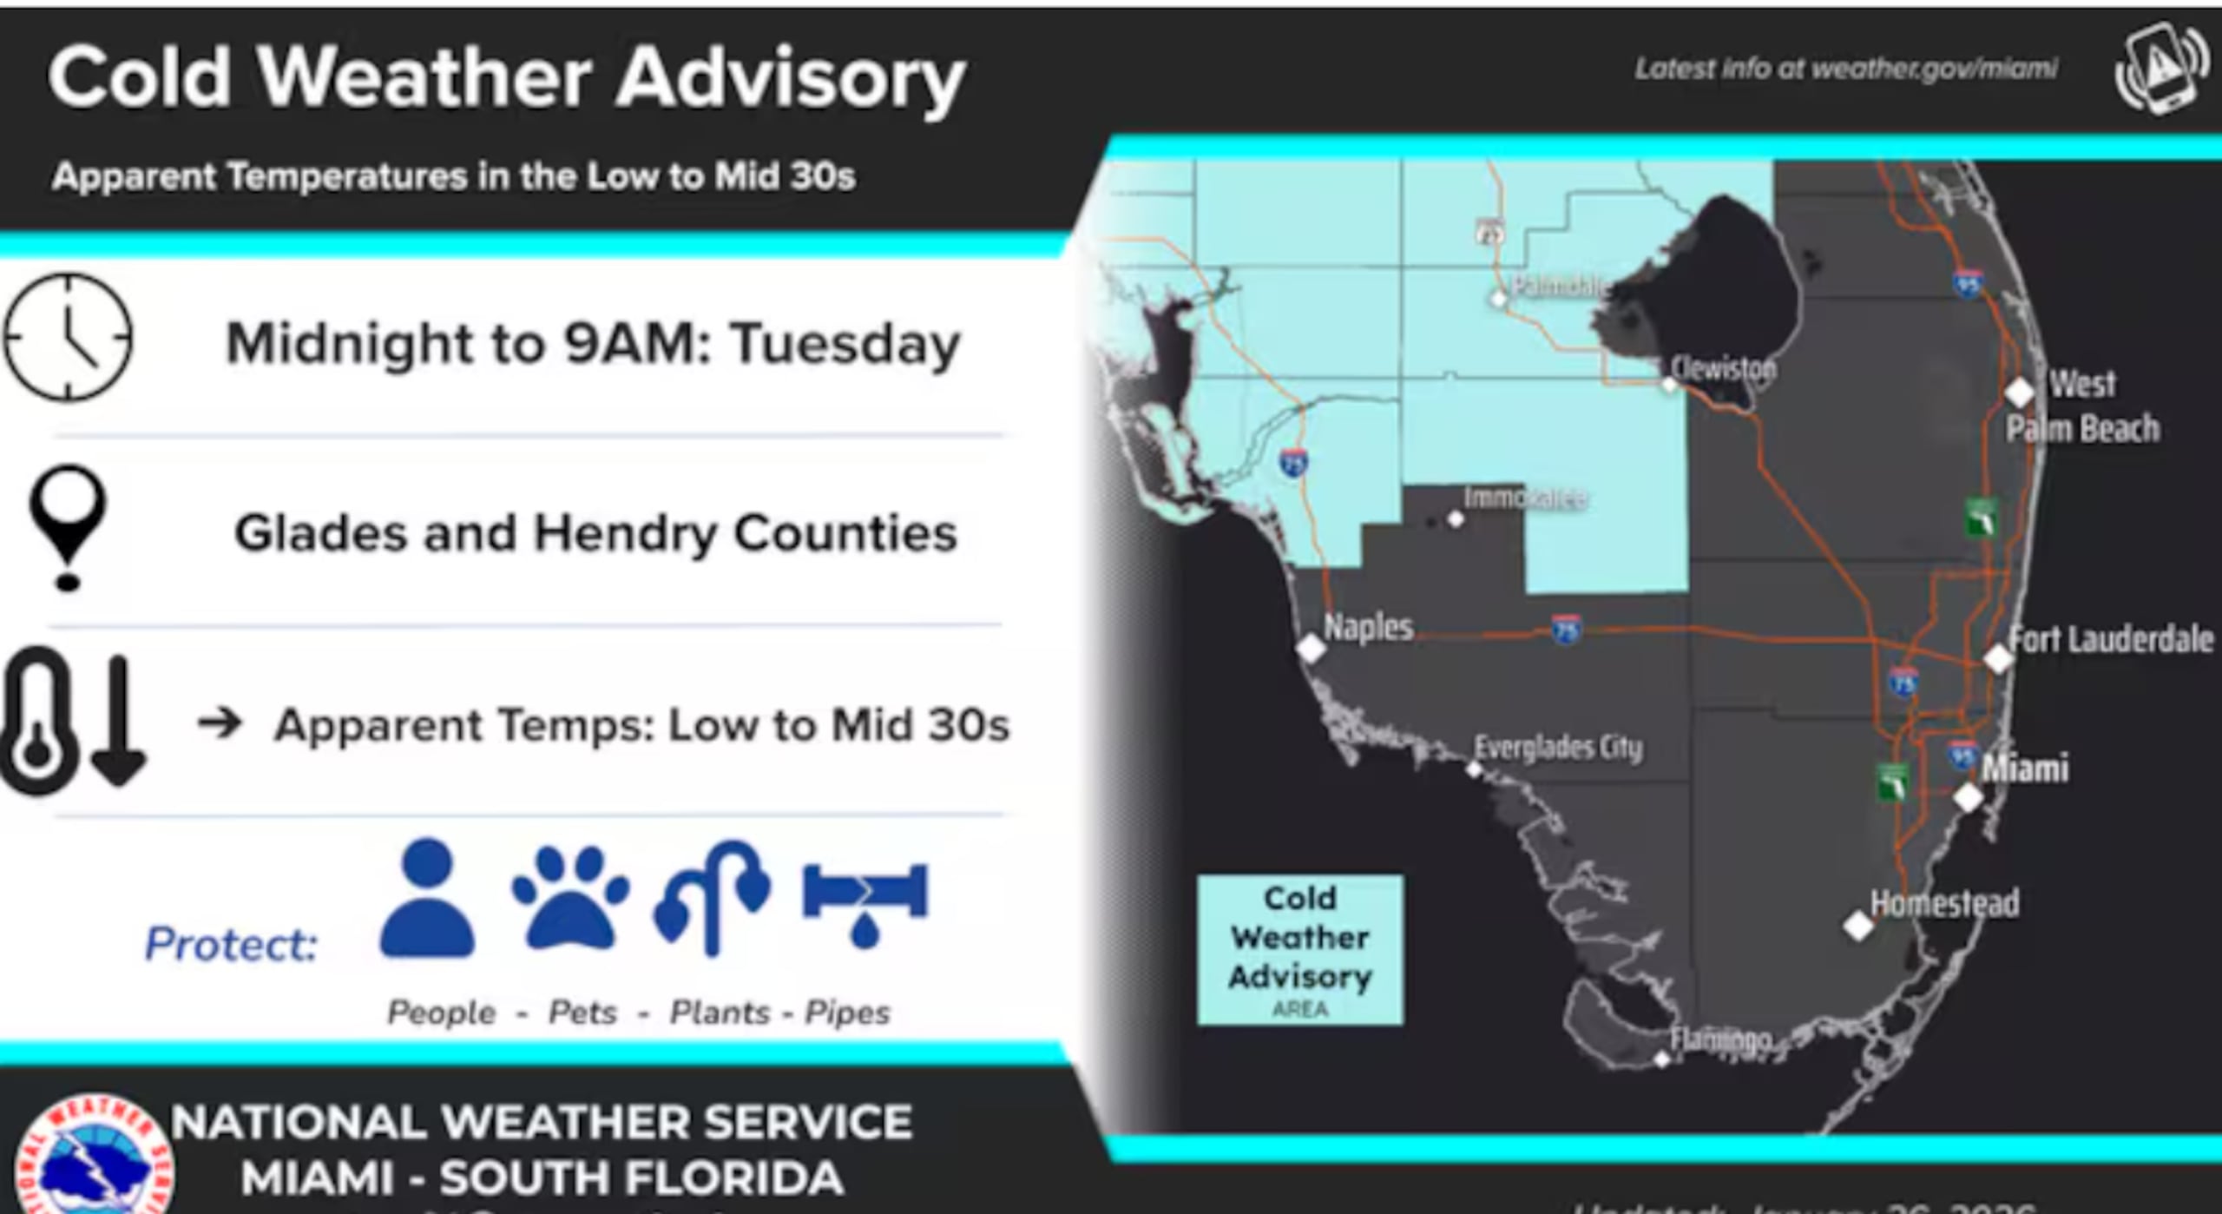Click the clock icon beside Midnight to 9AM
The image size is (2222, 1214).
[x=68, y=337]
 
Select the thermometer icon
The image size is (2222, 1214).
[x=36, y=721]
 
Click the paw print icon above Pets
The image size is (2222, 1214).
[x=570, y=898]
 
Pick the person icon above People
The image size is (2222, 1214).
[x=428, y=898]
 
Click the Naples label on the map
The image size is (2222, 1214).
[x=1368, y=627]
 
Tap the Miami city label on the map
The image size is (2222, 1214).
[x=2024, y=769]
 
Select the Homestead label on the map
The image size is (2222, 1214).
[x=1944, y=904]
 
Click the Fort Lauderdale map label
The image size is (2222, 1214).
[x=2111, y=640]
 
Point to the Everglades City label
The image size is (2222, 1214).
[x=1558, y=748]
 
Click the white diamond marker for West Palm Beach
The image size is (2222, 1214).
[x=2020, y=392]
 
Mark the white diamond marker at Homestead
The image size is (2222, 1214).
[x=1858, y=926]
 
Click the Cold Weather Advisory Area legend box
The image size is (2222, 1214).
[x=1299, y=950]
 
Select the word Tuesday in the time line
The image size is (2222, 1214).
[x=845, y=344]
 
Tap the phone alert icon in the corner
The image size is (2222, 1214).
[x=2161, y=69]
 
